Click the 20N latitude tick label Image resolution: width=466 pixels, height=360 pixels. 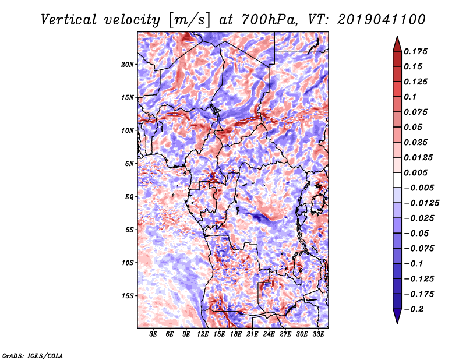[128, 64]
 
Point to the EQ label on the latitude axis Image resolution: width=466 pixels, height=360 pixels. [129, 196]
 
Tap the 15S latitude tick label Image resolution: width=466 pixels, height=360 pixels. [128, 296]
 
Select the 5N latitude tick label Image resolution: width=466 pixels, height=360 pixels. [129, 164]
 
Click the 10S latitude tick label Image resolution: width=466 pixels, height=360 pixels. [128, 263]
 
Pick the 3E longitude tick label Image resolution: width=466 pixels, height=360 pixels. [153, 334]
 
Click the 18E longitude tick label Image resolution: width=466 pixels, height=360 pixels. [236, 334]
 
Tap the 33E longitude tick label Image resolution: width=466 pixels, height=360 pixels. [318, 334]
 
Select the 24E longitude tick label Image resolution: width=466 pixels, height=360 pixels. [269, 334]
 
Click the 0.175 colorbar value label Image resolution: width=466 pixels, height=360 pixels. [415, 51]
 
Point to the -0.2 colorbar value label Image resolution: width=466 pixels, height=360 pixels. [414, 309]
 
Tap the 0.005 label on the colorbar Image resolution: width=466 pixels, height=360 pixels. [415, 172]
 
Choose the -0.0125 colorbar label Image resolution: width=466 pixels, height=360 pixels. [421, 203]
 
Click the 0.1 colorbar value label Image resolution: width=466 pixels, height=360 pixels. [410, 97]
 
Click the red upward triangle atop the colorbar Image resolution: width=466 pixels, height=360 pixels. [397, 44]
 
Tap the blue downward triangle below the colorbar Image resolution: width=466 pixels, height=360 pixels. [397, 316]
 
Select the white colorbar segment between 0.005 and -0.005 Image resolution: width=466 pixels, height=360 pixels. [397, 180]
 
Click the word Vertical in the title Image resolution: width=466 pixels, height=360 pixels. [69, 20]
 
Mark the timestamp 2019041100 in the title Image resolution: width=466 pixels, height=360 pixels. [382, 20]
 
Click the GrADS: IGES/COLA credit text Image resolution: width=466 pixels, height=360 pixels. [33, 356]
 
